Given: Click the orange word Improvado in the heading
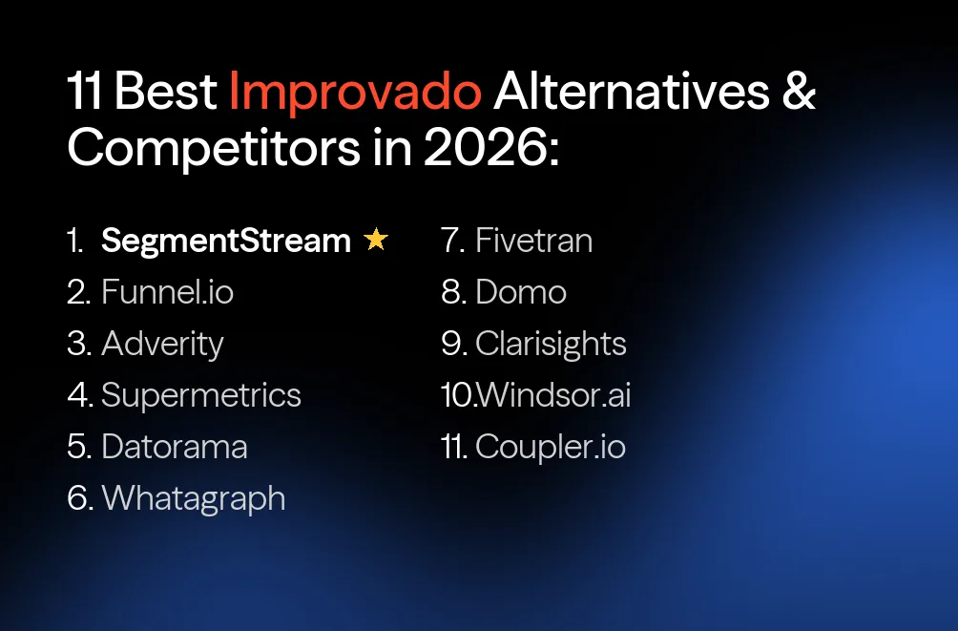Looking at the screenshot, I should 355,94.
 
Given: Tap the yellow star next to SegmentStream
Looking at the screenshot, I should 376,240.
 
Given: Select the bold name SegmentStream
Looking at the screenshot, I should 226,241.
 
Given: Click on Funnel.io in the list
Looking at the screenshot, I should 167,292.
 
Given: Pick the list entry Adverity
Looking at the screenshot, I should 162,344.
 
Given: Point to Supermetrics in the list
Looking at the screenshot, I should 200,395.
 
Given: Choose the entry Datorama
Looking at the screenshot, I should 174,447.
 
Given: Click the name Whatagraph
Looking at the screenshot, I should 193,498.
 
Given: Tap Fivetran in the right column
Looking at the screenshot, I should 533,241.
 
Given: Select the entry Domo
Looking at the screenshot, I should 520,292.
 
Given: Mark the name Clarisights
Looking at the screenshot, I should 551,344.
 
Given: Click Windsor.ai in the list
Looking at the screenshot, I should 552,395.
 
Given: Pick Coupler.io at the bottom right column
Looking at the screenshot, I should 550,447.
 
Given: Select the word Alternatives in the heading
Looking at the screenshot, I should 631,94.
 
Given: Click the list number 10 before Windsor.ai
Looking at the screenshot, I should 457,395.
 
